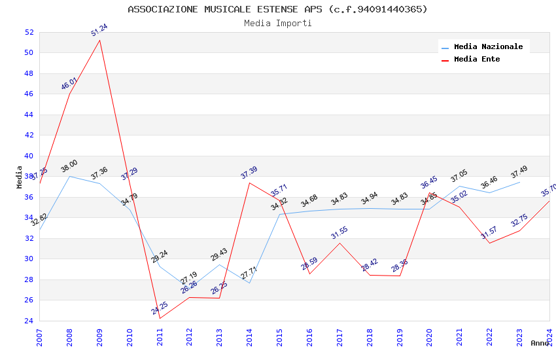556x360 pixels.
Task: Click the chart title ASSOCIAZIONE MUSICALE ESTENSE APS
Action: (277, 9)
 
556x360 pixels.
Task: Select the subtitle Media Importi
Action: (277, 24)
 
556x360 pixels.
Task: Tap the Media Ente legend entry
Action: (476, 60)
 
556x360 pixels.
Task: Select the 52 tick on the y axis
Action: (29, 32)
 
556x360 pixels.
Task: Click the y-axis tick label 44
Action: (29, 115)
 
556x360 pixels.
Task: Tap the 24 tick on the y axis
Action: (29, 321)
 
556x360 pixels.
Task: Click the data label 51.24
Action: (99, 29)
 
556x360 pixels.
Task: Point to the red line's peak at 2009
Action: (99, 40)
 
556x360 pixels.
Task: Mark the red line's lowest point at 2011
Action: (160, 318)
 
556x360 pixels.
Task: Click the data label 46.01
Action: (69, 84)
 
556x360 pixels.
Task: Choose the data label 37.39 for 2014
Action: (249, 173)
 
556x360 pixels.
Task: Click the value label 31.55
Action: (339, 233)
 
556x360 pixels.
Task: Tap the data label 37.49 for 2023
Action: (519, 171)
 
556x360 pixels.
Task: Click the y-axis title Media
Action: (20, 177)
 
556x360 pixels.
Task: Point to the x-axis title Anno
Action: (540, 343)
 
